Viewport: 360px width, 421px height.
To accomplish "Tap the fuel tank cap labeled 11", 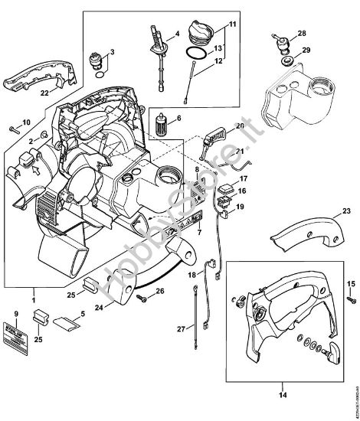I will pos(204,37).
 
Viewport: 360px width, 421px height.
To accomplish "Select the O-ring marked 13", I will pos(196,54).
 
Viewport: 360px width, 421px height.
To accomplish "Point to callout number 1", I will pos(31,292).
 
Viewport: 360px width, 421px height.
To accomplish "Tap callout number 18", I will pos(193,273).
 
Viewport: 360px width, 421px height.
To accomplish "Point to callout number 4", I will pos(175,34).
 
